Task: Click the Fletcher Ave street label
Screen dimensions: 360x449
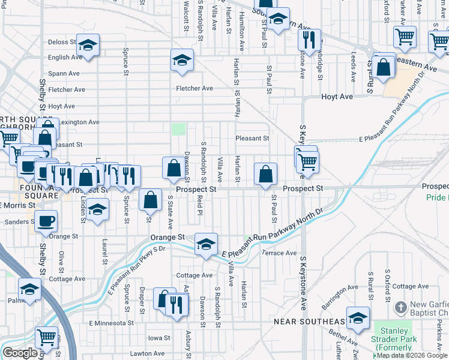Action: [194, 88]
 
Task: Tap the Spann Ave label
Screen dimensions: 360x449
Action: [65, 73]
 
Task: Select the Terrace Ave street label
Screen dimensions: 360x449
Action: [280, 253]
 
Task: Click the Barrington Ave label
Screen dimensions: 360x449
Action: [339, 294]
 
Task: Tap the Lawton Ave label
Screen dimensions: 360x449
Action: [147, 353]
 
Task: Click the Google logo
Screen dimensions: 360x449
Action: [20, 353]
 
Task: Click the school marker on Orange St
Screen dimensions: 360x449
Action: [206, 244]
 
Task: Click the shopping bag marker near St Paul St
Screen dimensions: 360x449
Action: [265, 174]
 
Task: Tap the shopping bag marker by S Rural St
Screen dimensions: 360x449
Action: [384, 67]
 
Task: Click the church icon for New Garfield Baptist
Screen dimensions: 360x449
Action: [401, 308]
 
